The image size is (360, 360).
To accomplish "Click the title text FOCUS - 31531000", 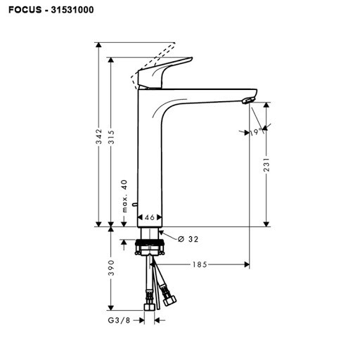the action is pyautogui.click(x=51, y=10).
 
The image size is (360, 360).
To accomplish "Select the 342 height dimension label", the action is pyautogui.click(x=99, y=136).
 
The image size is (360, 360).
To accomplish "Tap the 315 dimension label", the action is pyautogui.click(x=112, y=137).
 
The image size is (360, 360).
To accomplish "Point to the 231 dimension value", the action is pyautogui.click(x=266, y=165).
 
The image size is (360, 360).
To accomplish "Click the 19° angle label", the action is pyautogui.click(x=256, y=132).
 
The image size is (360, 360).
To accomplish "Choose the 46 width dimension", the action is pyautogui.click(x=150, y=217).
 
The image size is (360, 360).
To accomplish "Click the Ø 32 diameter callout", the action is pyautogui.click(x=188, y=239).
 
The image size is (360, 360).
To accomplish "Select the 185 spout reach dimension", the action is pyautogui.click(x=200, y=264).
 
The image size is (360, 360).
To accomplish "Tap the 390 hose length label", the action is pyautogui.click(x=112, y=268).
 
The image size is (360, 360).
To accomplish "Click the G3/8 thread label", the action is pyautogui.click(x=119, y=320).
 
